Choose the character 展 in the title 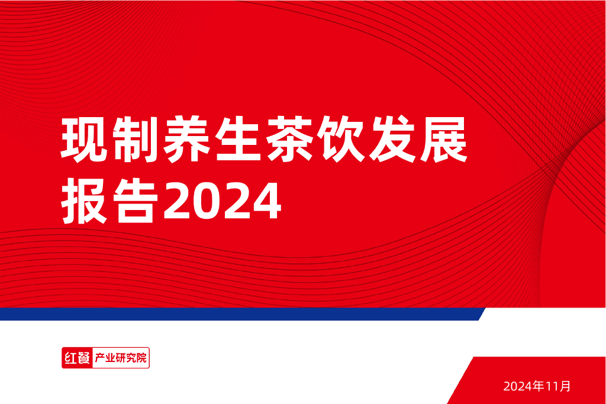tap(443, 141)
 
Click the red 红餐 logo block tap(76, 358)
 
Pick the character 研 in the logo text tap(120, 358)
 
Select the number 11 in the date tap(552, 387)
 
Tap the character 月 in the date tap(565, 387)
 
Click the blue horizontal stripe tap(237, 314)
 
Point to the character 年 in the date tap(539, 387)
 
